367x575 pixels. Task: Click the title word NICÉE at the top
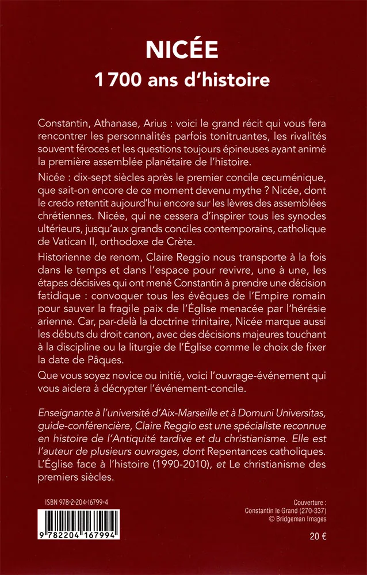(x=183, y=49)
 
